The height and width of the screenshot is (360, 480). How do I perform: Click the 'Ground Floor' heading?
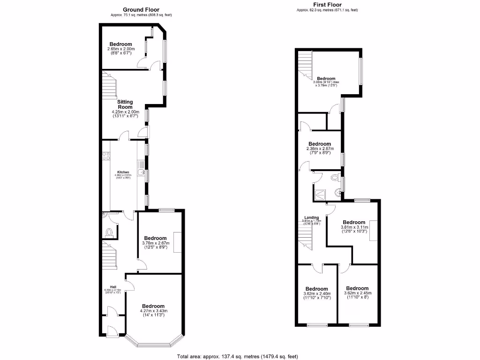[x=141, y=9]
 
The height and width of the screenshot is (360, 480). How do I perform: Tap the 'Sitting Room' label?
[x=125, y=105]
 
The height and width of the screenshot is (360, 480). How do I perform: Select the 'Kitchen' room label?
[x=123, y=172]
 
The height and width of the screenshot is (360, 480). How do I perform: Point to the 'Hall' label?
[x=113, y=287]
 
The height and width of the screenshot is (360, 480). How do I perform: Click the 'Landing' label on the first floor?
[x=312, y=217]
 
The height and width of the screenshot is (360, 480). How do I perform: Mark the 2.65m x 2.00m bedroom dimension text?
[x=121, y=49]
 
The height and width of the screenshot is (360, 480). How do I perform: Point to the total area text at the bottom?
[x=238, y=357]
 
